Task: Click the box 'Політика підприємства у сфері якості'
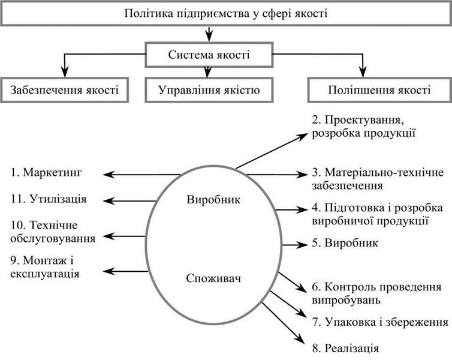coord(226,14)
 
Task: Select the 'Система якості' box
coord(209,55)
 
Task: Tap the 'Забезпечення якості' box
coord(64,90)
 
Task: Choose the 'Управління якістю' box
coord(209,90)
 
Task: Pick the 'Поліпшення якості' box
coord(379,90)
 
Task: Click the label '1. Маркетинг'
coord(46,173)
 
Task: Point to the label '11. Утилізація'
coord(49,199)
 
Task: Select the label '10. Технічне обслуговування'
coord(53,232)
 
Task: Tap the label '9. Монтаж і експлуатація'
coord(45,267)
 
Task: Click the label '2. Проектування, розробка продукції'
coord(363,127)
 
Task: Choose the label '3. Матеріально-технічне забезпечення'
coord(378,179)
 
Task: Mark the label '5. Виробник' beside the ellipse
coord(345,243)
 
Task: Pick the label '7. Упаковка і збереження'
coord(381,322)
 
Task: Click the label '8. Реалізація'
coord(345,348)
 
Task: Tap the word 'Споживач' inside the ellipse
coord(213,278)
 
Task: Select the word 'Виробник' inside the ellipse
coord(213,200)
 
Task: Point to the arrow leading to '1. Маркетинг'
coord(142,175)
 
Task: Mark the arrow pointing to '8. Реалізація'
coord(283,323)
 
